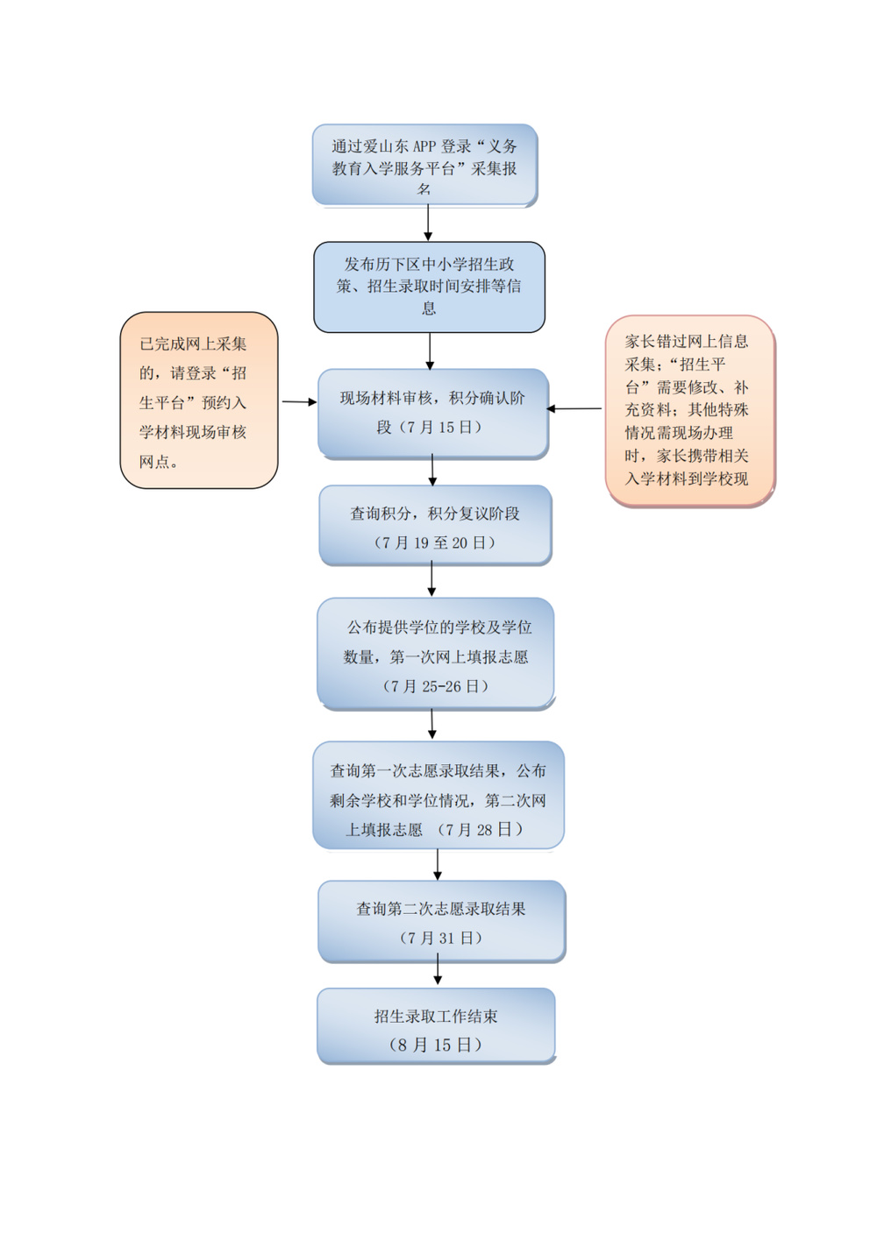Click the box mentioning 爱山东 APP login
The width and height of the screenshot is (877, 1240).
[424, 166]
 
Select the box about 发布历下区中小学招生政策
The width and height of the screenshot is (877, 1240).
[429, 287]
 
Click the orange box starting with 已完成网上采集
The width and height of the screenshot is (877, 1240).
[199, 400]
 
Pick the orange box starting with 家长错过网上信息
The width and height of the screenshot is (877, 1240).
[689, 410]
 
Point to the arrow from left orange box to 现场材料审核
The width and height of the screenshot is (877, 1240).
[298, 402]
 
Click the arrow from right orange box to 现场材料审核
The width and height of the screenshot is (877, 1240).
[574, 408]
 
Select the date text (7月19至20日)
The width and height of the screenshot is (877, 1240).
[434, 543]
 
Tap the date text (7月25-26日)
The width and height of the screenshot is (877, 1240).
[435, 686]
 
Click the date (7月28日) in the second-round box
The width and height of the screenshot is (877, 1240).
[480, 829]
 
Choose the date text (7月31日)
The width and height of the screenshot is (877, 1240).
[441, 938]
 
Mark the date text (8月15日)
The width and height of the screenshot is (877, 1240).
[436, 1045]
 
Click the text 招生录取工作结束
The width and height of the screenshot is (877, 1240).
[436, 1017]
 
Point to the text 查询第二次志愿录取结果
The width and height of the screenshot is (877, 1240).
[440, 909]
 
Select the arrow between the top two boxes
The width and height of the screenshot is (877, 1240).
[428, 223]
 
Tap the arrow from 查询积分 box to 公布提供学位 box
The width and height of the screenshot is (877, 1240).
[431, 580]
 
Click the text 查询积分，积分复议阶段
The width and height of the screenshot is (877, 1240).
[435, 514]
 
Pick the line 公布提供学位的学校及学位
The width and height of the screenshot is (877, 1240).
[438, 627]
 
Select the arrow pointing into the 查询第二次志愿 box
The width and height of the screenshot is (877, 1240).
[438, 864]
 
